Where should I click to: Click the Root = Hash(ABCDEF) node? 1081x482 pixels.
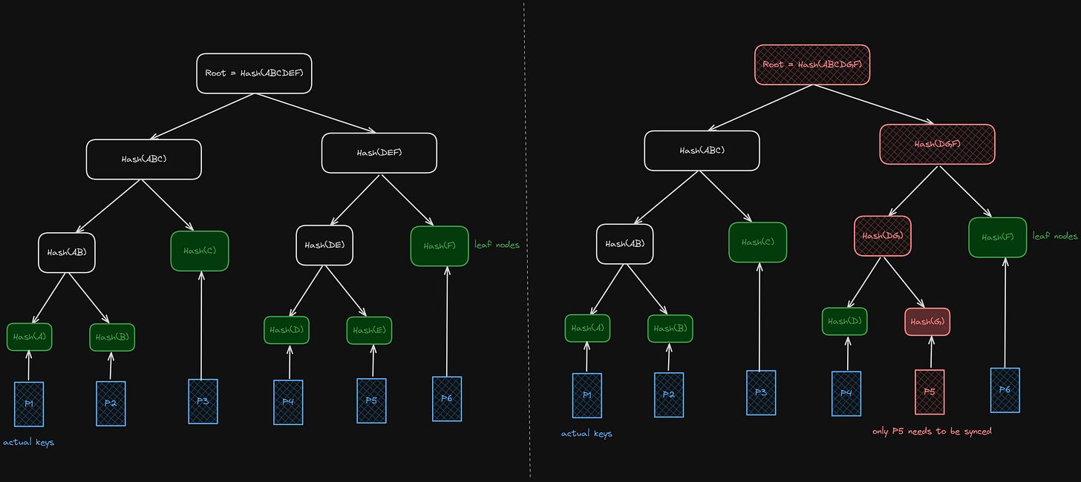point(254,73)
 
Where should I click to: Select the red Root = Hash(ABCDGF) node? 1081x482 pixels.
point(812,65)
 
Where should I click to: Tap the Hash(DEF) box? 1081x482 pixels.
point(379,153)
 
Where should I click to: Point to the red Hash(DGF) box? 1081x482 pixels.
point(937,144)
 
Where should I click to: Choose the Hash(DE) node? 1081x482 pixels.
point(324,245)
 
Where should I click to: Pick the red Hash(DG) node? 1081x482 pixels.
point(883,236)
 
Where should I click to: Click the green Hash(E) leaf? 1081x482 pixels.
point(369,331)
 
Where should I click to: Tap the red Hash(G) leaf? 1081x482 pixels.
point(927,321)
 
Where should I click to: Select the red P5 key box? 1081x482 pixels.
point(930,392)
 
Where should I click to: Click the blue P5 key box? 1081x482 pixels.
point(372,401)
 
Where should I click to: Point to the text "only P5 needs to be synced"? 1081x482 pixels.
point(932,431)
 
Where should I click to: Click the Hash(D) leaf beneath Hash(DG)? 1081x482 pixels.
point(844,321)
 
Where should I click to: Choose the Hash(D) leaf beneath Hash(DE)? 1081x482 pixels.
point(287,331)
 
